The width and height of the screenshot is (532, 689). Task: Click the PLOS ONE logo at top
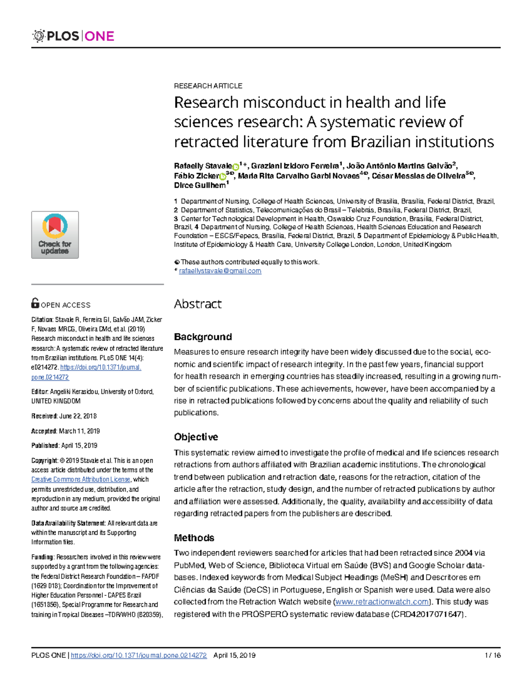[74, 36]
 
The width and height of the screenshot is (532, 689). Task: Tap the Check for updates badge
[55, 235]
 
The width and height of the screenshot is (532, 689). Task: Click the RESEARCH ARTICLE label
[208, 86]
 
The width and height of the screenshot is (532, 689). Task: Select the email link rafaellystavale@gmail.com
[220, 271]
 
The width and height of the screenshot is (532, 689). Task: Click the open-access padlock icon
[35, 303]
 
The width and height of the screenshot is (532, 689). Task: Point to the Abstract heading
[197, 304]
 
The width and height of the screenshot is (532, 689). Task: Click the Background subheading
[203, 337]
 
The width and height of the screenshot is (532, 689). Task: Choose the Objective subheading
[196, 437]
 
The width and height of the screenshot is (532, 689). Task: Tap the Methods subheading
[194, 538]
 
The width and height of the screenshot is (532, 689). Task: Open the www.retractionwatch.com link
[382, 602]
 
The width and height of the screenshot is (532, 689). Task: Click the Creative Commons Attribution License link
[81, 480]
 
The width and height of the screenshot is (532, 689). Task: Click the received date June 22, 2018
[78, 416]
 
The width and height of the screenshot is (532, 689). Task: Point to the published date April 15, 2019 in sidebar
[79, 445]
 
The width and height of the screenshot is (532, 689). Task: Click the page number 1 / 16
[493, 655]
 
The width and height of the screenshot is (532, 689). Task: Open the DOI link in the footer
[139, 655]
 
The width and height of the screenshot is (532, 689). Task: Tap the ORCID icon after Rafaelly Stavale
[236, 167]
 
